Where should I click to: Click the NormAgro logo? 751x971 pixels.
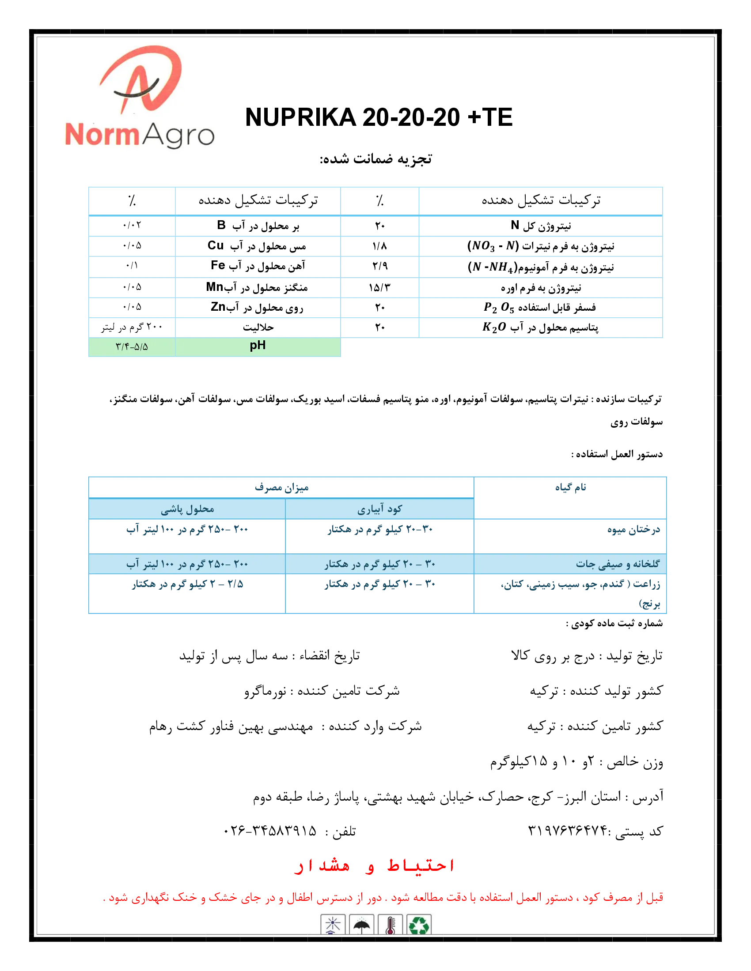[x=139, y=97]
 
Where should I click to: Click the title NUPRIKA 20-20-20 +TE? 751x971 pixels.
[x=379, y=117]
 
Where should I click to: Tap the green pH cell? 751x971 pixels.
[x=258, y=346]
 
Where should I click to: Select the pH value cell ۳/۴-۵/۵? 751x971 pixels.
[x=132, y=347]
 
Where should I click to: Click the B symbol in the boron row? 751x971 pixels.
[x=221, y=226]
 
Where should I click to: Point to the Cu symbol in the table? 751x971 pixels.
[x=215, y=245]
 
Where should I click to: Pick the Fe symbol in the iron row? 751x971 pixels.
[x=217, y=265]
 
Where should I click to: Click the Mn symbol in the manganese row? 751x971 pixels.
[x=214, y=287]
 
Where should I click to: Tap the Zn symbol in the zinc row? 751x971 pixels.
[x=218, y=307]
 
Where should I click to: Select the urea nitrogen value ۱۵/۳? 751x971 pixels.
[x=379, y=288]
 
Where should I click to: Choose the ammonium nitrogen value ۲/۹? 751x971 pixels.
[x=380, y=266]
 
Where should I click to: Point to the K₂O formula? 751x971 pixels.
[x=494, y=327]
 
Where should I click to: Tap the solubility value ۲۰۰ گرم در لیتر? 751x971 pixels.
[x=132, y=327]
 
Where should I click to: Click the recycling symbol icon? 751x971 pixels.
[x=419, y=925]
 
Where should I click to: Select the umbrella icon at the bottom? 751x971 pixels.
[x=361, y=925]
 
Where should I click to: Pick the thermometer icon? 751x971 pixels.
[x=390, y=925]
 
